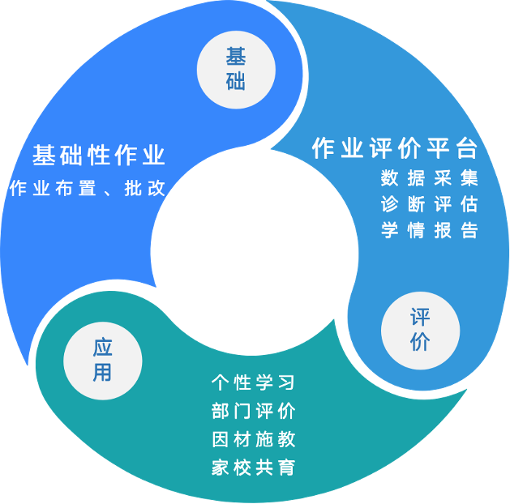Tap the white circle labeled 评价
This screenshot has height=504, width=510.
[x=420, y=329]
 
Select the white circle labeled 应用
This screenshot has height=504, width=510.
[x=102, y=360]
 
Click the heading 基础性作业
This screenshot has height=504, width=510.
[x=99, y=155]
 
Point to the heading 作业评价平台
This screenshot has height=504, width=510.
[x=395, y=148]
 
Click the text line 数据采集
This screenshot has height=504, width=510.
[x=430, y=177]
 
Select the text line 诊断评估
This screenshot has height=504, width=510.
[x=430, y=203]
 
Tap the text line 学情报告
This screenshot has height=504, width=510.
[x=430, y=230]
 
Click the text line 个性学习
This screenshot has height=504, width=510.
[x=253, y=382]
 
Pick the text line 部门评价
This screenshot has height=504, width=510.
[x=253, y=411]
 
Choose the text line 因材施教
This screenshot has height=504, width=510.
[x=253, y=439]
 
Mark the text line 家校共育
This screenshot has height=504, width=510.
[x=253, y=468]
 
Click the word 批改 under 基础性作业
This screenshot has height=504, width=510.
[x=145, y=189]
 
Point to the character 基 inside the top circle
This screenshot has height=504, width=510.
[x=236, y=57]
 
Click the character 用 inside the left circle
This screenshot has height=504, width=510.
[x=102, y=373]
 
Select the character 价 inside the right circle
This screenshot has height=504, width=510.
[x=420, y=342]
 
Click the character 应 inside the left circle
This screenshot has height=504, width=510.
[x=102, y=348]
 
